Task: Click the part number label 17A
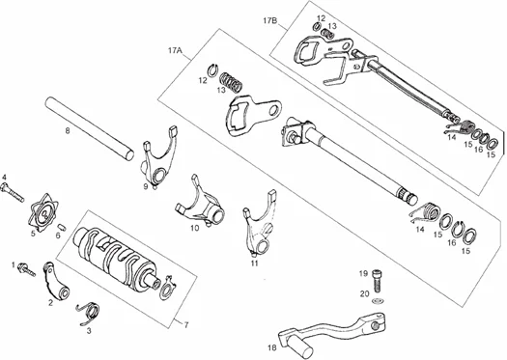[175, 51]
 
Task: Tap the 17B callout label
[270, 21]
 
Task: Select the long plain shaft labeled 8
[89, 128]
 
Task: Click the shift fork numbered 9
[160, 156]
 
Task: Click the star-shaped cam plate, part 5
[44, 213]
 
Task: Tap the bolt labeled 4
[13, 192]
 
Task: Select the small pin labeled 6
[62, 228]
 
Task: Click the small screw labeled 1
[26, 269]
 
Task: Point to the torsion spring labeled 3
[89, 314]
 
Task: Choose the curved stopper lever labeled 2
[56, 281]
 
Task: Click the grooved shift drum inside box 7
[117, 257]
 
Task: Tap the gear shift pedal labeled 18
[330, 335]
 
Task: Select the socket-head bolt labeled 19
[377, 279]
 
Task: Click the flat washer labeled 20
[377, 301]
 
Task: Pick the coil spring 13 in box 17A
[231, 82]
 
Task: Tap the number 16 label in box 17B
[479, 150]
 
